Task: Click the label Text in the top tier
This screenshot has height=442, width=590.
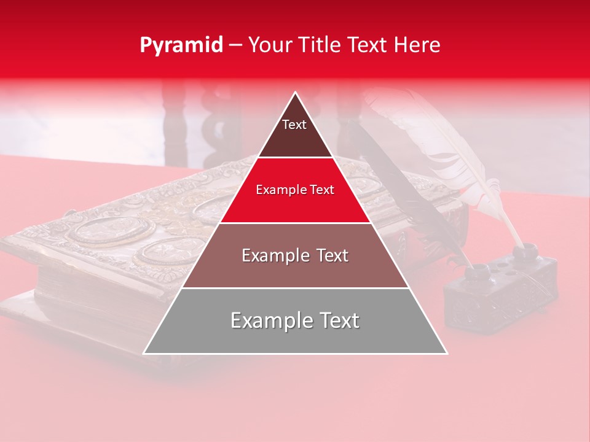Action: click(x=294, y=125)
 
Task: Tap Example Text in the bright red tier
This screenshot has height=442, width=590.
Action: click(x=295, y=190)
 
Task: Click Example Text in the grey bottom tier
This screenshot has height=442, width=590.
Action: click(x=295, y=320)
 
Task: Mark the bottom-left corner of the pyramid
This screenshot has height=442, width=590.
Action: click(x=144, y=354)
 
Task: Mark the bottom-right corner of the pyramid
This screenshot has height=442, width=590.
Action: click(x=447, y=354)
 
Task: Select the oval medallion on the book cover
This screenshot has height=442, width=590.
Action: click(x=111, y=230)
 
